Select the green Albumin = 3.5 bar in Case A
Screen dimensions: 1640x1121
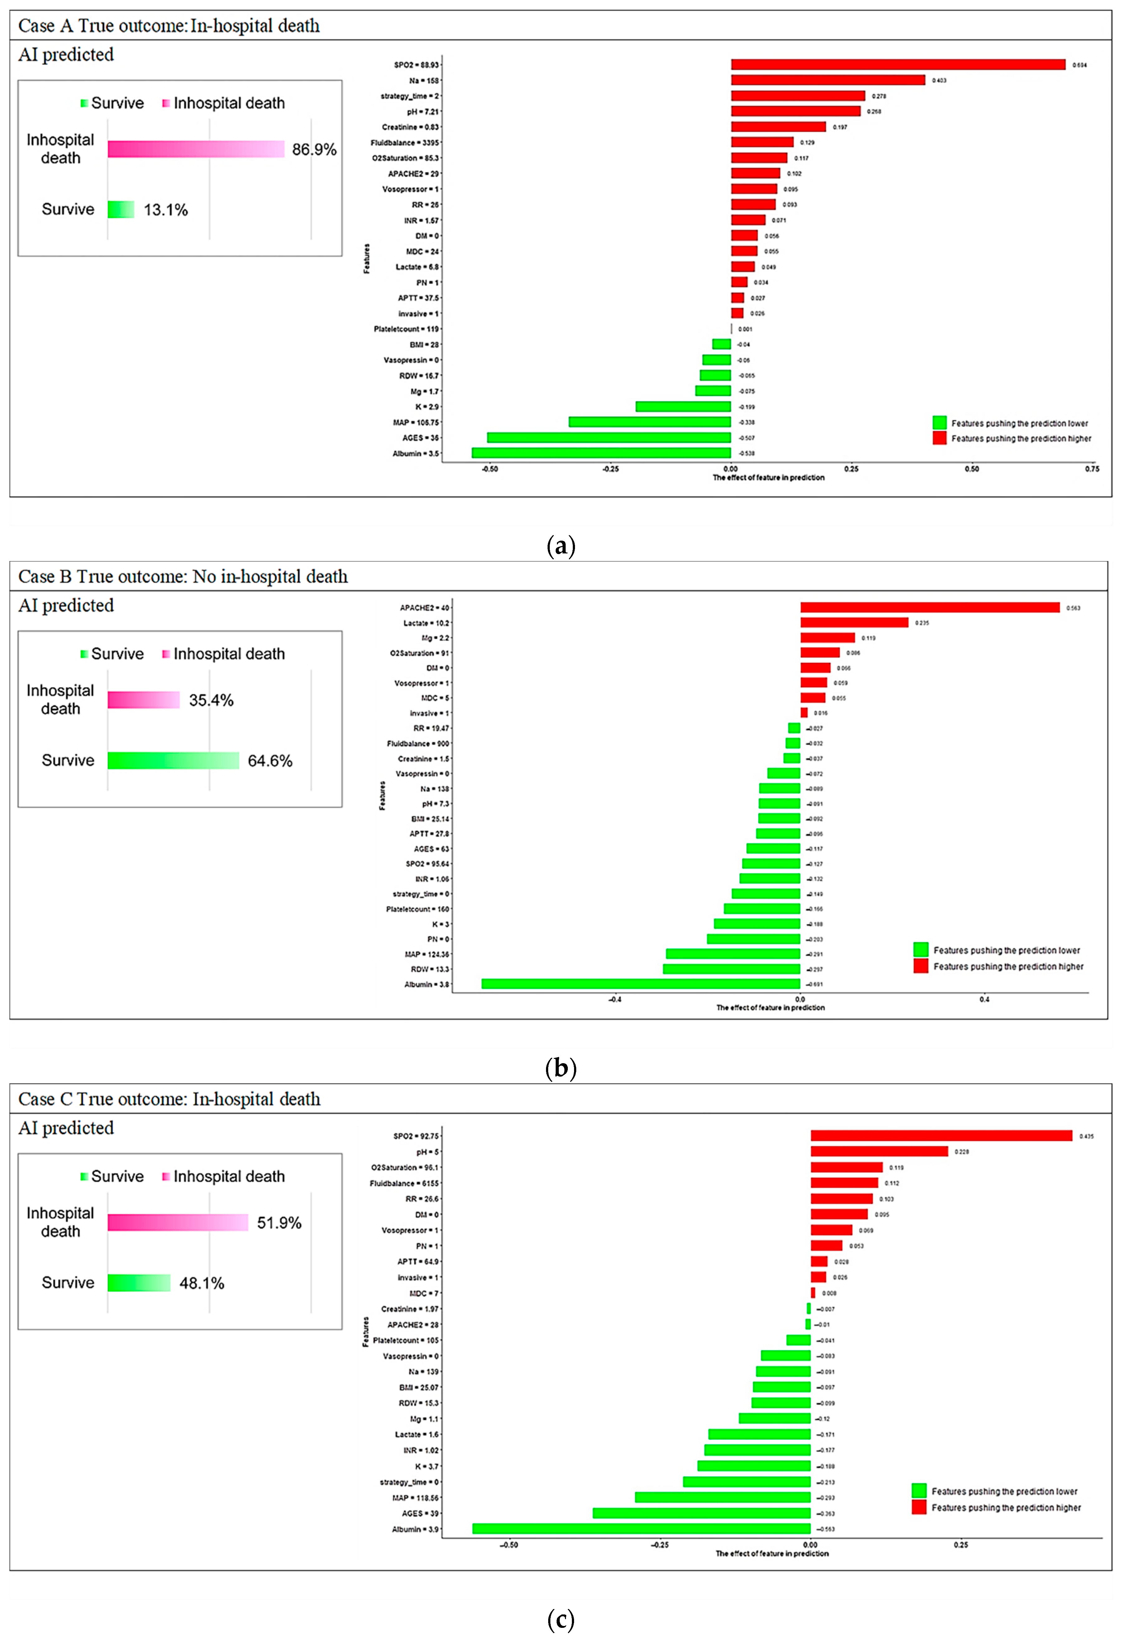[x=601, y=453]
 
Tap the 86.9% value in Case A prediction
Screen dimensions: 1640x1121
[x=314, y=150]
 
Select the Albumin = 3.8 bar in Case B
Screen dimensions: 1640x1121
[x=640, y=984]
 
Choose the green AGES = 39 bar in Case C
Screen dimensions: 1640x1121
[x=701, y=1513]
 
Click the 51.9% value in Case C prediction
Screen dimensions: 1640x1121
[x=279, y=1223]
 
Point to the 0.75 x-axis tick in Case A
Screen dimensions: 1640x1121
[x=1091, y=469]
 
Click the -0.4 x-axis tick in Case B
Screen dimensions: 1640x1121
[x=615, y=999]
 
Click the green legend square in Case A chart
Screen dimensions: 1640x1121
[x=939, y=423]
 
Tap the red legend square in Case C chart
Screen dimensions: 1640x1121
[x=918, y=1507]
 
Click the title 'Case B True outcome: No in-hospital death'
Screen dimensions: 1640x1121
[x=183, y=576]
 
